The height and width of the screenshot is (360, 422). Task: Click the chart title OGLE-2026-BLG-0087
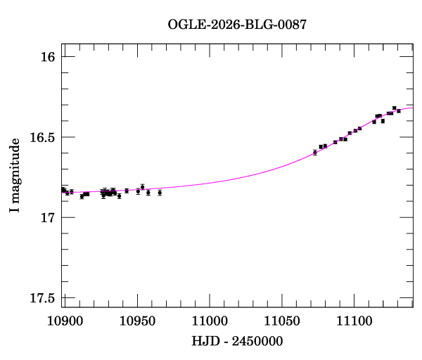(x=237, y=25)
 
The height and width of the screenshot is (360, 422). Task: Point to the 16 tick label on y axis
(x=49, y=56)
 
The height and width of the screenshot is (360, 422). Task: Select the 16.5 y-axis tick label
(x=43, y=137)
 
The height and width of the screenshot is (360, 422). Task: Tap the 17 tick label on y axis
(x=49, y=218)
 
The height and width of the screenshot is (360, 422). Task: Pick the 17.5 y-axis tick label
(x=43, y=299)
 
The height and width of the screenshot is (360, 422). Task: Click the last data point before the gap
(x=160, y=193)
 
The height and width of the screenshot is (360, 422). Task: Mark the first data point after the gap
(x=314, y=153)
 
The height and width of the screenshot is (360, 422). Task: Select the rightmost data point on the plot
(x=399, y=111)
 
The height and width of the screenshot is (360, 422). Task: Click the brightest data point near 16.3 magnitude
(x=394, y=108)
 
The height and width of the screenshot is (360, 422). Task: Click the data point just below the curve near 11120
(x=383, y=121)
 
